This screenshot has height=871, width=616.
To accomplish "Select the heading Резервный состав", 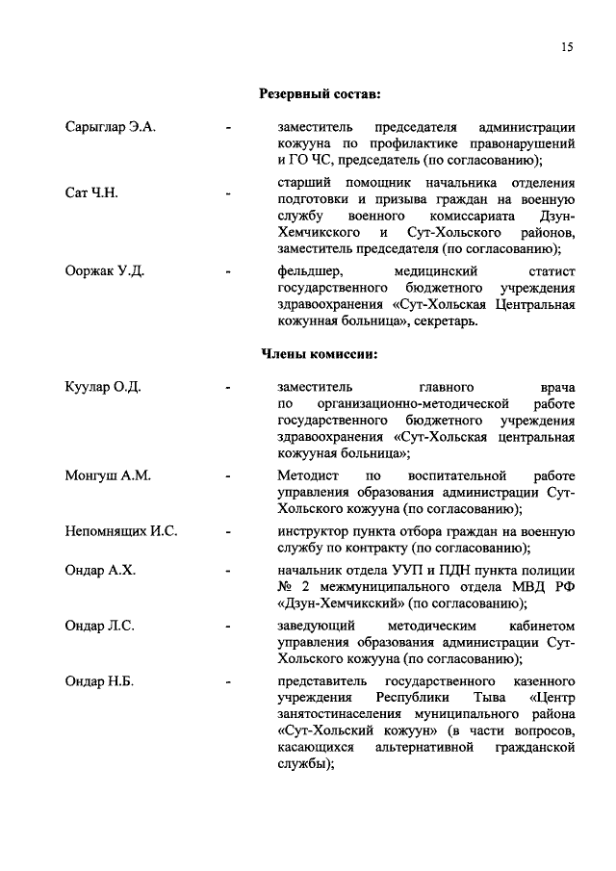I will [x=320, y=93].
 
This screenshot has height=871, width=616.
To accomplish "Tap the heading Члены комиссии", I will [x=320, y=353].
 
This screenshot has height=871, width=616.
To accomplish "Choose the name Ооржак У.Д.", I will [x=104, y=269].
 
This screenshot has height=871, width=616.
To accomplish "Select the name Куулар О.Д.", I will [x=103, y=387].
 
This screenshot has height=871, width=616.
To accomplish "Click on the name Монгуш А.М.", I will [x=108, y=475].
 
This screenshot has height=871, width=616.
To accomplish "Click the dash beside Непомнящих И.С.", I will [x=227, y=531].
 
